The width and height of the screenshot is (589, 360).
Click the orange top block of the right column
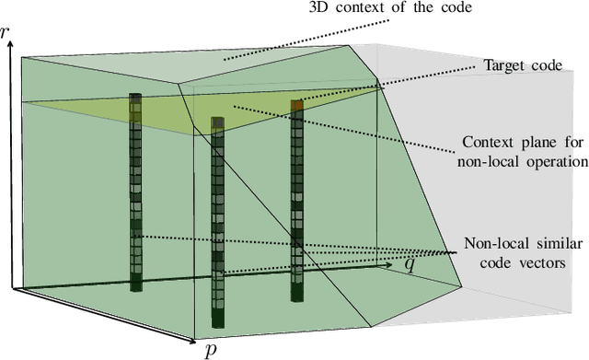(296, 105)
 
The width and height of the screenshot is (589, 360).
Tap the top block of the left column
(135, 98)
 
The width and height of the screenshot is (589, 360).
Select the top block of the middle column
(218, 122)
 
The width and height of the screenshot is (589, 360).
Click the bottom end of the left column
(135, 287)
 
